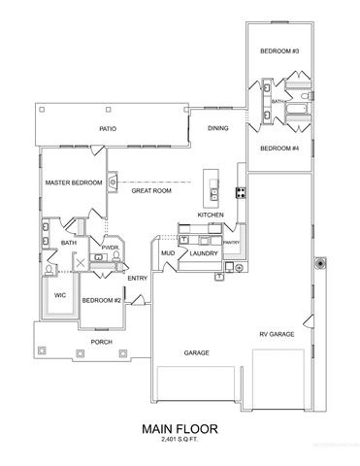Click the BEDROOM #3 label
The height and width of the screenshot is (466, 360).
[278, 50]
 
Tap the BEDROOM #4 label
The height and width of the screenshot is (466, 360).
[278, 148]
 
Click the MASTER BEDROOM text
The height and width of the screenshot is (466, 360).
[74, 182]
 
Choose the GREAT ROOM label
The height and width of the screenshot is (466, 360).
[150, 192]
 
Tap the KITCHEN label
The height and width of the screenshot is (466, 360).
[212, 215]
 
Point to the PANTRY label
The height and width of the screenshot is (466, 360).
[231, 242]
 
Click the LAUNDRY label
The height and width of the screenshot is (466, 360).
[204, 253]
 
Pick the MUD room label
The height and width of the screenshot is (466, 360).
[168, 253]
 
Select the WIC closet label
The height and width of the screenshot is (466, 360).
[59, 295]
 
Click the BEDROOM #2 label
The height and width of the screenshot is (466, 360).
[102, 300]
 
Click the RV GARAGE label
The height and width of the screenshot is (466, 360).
[276, 333]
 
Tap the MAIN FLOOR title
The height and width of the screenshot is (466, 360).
[180, 426]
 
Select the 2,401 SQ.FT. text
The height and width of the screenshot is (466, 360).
[180, 440]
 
